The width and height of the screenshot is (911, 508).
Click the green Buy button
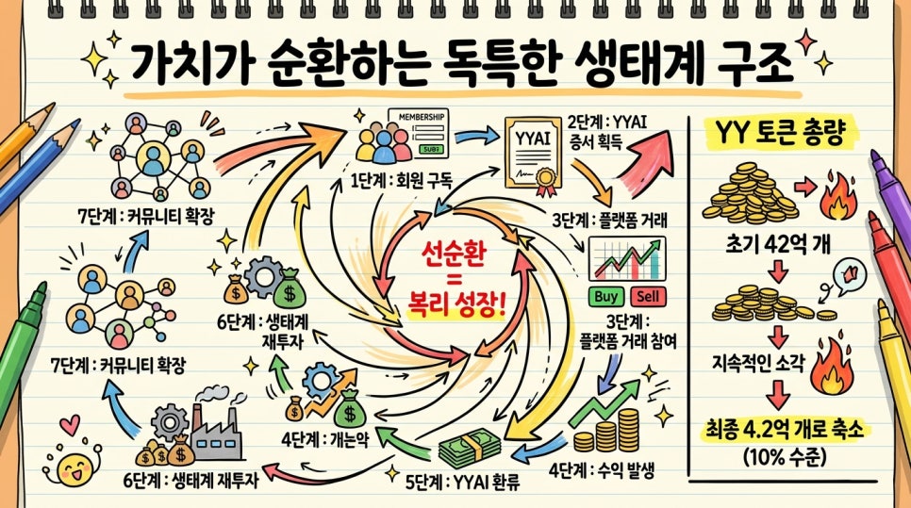tap(606, 297)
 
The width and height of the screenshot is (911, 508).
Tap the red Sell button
tap(648, 297)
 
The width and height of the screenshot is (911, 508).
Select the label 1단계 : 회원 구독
tap(401, 181)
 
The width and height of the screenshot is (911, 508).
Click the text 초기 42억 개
tap(778, 244)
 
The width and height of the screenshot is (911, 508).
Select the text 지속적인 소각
tap(758, 363)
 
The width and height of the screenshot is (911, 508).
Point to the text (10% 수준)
tap(784, 457)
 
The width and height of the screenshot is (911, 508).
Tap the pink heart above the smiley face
tap(70, 425)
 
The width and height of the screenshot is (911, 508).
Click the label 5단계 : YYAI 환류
tap(462, 482)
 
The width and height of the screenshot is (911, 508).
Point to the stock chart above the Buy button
tap(627, 259)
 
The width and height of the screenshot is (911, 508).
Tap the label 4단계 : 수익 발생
tap(602, 470)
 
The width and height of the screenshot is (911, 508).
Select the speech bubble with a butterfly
tap(849, 274)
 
